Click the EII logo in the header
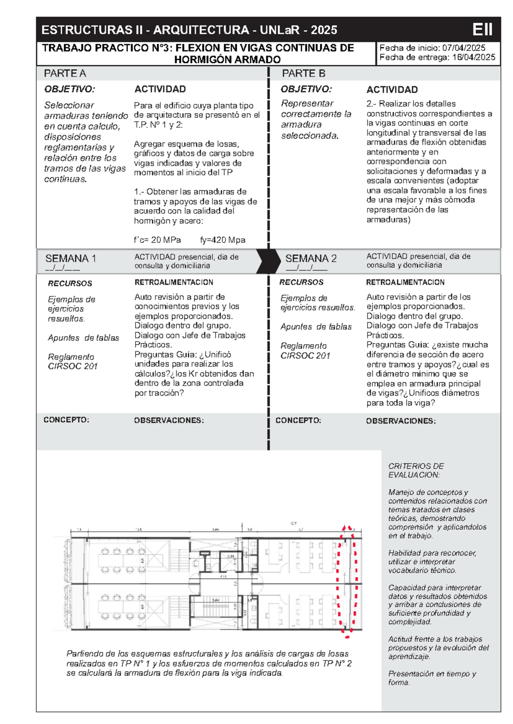[483, 29]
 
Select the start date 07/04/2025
[463, 48]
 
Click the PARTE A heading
[65, 73]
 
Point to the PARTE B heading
[304, 73]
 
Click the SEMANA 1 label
[71, 258]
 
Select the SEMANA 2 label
[311, 258]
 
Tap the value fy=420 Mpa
[222, 240]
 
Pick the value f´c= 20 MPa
[157, 240]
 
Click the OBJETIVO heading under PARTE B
[306, 89]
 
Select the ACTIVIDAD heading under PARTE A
[160, 89]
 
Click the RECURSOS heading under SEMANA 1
[70, 283]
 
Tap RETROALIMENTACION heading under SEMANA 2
[405, 282]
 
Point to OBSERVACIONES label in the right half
[401, 421]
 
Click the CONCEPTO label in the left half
[66, 420]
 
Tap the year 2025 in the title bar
[324, 30]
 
